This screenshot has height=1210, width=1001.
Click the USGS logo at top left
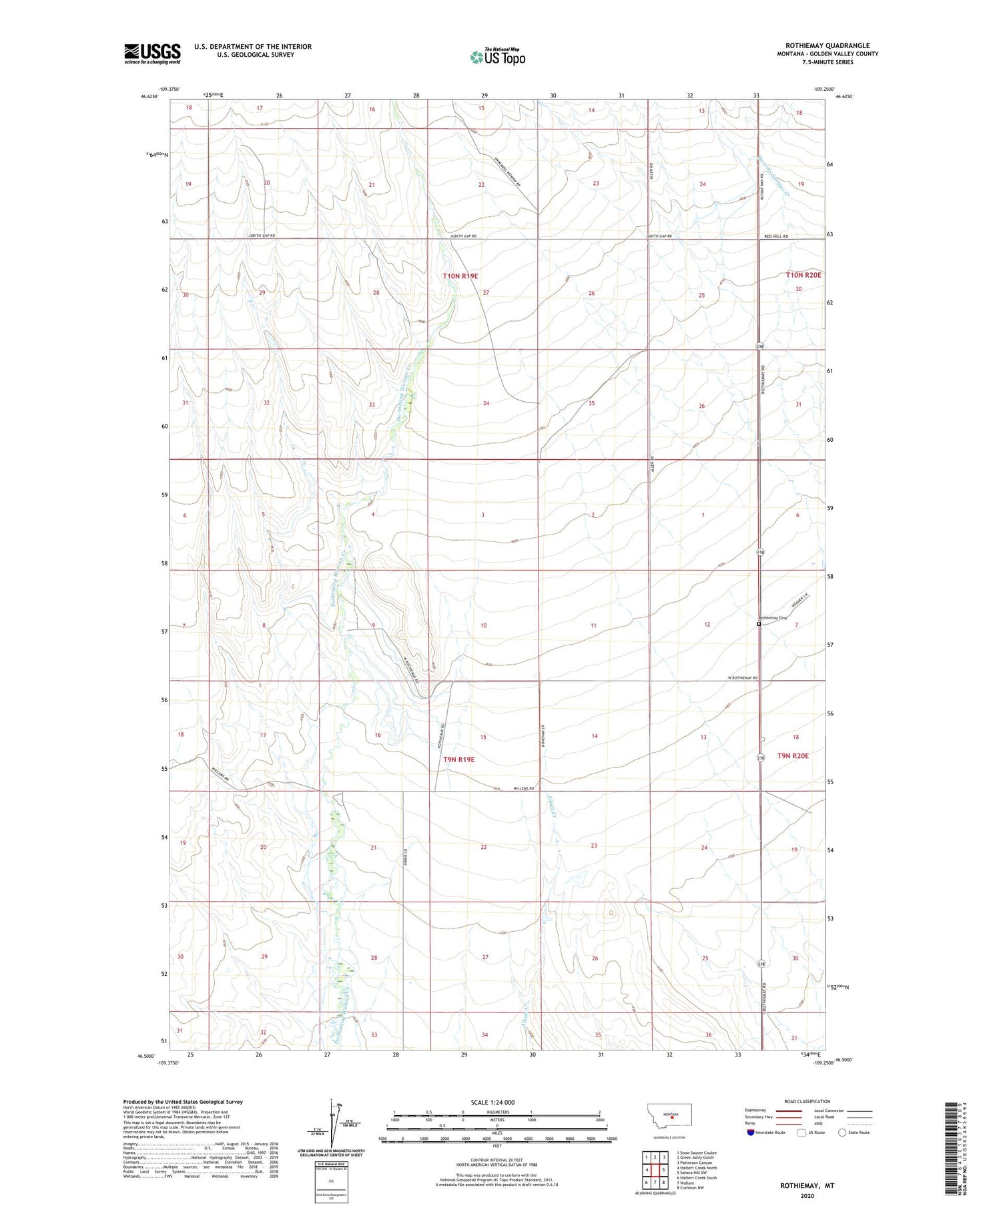152,53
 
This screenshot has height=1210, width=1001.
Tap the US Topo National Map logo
497,57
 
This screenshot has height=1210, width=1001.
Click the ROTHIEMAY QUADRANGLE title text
827,45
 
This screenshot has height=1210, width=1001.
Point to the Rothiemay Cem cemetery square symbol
759,625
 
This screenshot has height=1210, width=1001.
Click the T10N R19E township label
460,276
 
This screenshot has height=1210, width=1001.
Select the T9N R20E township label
793,755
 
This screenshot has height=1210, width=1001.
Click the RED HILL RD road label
776,236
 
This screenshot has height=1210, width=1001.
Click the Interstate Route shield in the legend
750,1133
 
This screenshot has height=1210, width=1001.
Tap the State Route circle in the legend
842,1133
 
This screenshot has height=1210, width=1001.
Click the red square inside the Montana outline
672,1121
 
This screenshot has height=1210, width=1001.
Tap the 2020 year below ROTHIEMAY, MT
807,1196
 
